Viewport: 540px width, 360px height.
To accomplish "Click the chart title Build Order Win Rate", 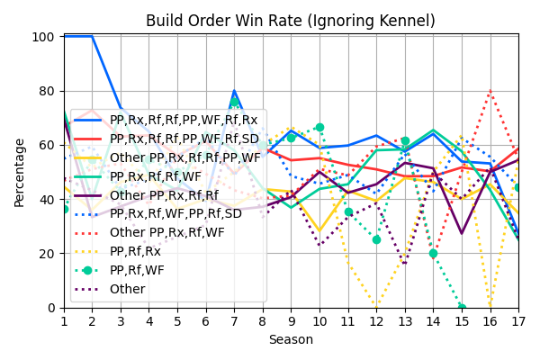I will (291, 21).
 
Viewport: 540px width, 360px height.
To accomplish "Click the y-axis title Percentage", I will (20, 172).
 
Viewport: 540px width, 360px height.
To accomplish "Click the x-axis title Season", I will (291, 340).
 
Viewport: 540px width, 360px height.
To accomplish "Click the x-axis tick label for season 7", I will (234, 321).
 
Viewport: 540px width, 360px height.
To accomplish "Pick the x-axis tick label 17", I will (518, 321).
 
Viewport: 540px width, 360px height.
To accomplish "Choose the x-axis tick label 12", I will (376, 321).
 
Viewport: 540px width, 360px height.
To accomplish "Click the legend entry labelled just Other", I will (127, 289).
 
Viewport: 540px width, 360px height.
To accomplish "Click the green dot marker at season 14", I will (433, 254).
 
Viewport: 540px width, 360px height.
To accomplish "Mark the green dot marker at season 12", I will (376, 239).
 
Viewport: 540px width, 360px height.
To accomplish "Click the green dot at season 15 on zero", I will (462, 308).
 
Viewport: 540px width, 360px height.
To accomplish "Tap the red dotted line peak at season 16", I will (490, 91).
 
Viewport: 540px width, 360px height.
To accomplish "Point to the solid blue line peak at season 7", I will (234, 91).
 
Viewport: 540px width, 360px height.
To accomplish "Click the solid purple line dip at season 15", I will (462, 234).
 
